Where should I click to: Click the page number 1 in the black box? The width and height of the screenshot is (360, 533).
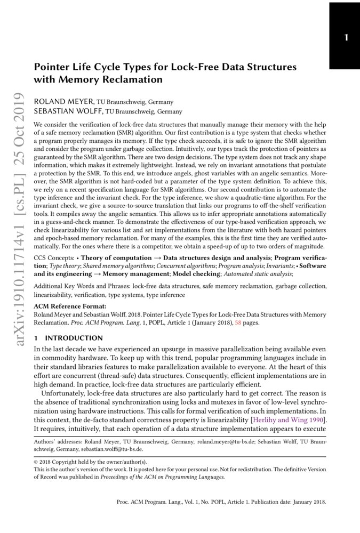point(346,38)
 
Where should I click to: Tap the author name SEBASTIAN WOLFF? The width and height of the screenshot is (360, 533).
point(69,111)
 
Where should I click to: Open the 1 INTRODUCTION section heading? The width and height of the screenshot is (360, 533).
point(68,338)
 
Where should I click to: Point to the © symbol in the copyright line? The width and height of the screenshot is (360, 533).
point(36,462)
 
